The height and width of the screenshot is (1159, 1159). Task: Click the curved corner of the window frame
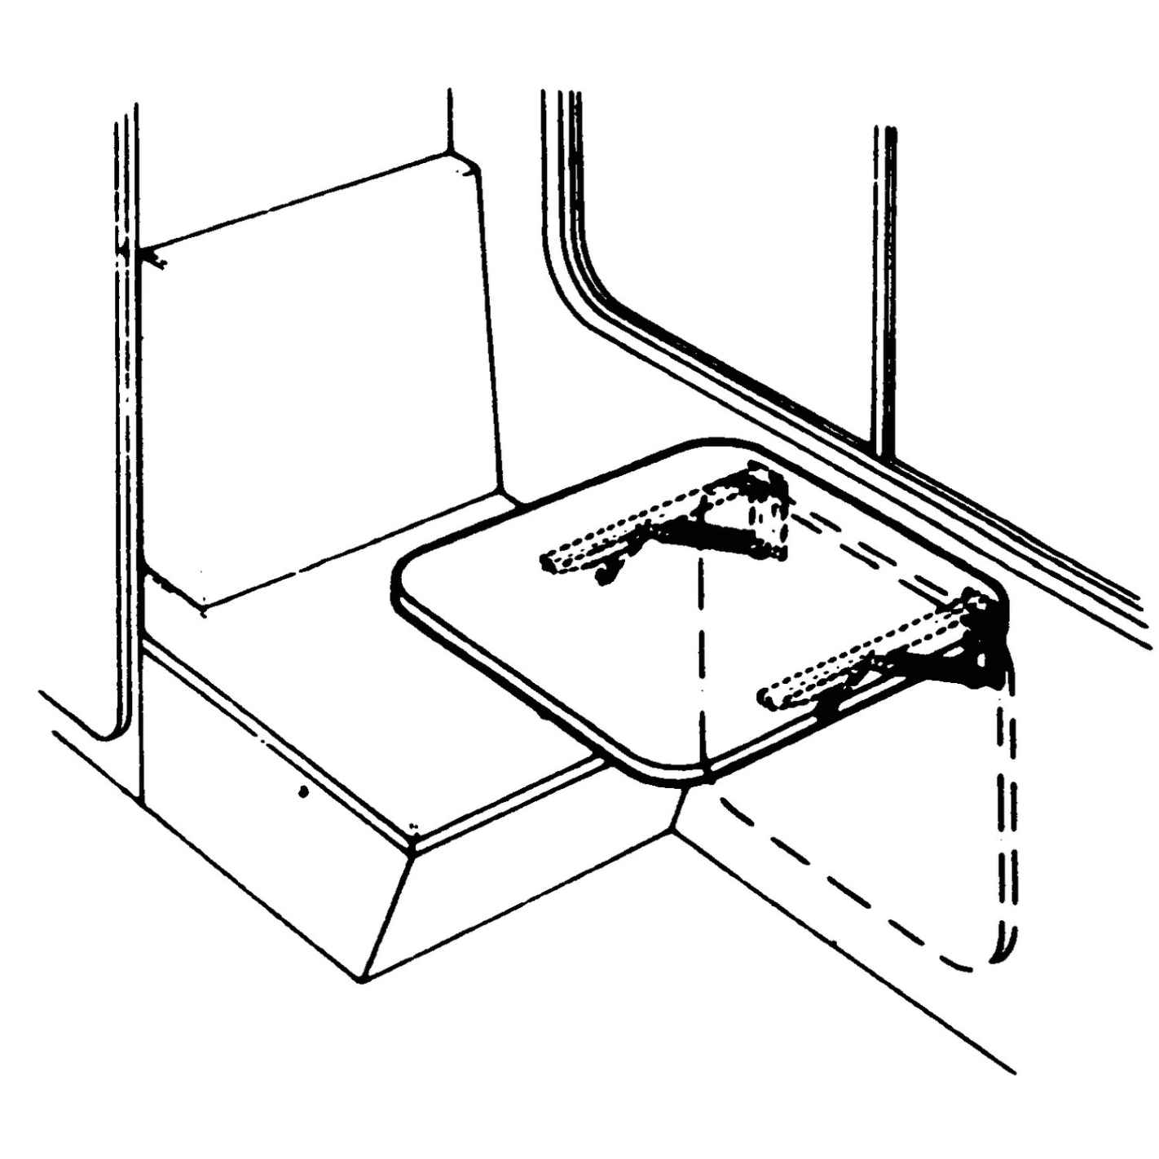pyautogui.click(x=575, y=285)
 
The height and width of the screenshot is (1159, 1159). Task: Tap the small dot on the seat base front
pyautogui.click(x=303, y=791)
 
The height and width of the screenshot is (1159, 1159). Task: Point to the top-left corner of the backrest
pyautogui.click(x=147, y=249)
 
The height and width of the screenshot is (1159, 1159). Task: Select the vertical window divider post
pyautogui.click(x=885, y=285)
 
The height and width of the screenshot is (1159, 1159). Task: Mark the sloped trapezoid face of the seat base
pyautogui.click(x=522, y=897)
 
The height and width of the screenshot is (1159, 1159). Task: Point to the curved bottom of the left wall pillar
pyautogui.click(x=110, y=734)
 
